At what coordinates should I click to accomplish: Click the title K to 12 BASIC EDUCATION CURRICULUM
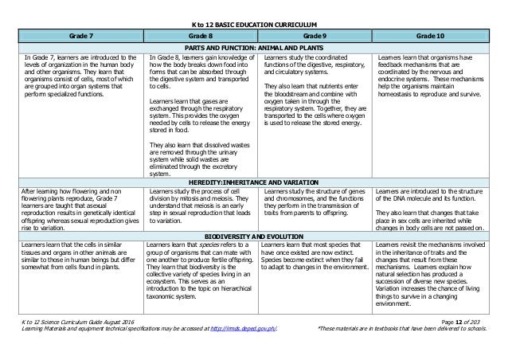click(x=253, y=25)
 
